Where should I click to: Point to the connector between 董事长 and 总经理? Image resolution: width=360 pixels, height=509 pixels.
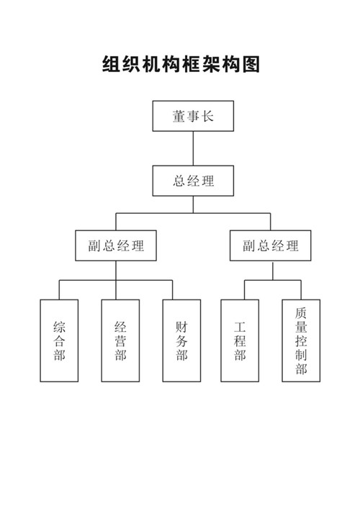pos(193,148)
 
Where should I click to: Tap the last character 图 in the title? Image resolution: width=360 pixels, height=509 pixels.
pos(251,64)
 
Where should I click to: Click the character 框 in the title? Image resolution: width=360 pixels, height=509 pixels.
pos(192,64)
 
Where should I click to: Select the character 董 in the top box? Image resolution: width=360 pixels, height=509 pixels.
pos(179,116)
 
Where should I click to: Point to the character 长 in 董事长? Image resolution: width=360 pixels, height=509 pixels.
pos(207,116)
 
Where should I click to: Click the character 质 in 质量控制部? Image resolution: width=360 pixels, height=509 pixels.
pos(301,313)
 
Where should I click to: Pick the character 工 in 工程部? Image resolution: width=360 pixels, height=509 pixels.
pos(240,327)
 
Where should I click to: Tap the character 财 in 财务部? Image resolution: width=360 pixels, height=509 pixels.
pos(181,327)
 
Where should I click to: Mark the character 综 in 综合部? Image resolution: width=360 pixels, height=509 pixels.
pos(59,327)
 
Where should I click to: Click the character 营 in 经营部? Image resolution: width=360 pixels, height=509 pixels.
pos(120,341)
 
